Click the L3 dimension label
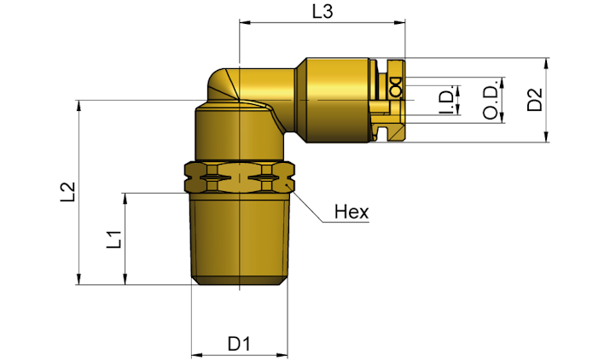tap(323, 11)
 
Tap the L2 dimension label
tap(68, 192)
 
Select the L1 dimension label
tap(113, 240)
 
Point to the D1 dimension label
tap(239, 344)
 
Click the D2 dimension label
tap(535, 99)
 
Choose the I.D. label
tap(446, 100)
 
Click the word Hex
tap(352, 212)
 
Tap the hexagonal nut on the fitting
tap(240, 177)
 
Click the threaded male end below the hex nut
tap(240, 239)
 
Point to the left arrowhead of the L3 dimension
tap(245, 22)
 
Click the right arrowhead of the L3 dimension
tap(400, 22)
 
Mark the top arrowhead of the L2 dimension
tap(79, 106)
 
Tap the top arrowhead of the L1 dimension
tap(125, 199)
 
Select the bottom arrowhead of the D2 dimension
tap(546, 137)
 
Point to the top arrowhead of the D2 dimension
tap(546, 63)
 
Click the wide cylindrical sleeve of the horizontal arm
tap(337, 100)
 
